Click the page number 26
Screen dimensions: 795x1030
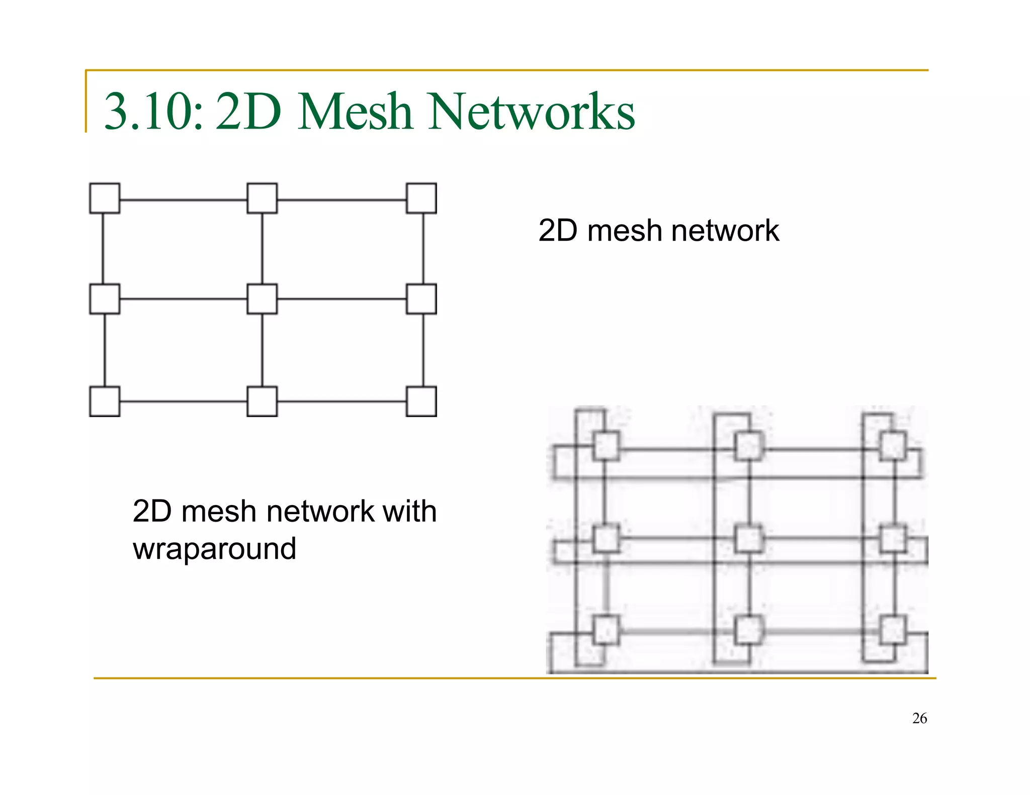click(919, 718)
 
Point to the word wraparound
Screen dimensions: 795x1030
click(214, 549)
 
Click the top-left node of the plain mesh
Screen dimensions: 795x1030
click(105, 198)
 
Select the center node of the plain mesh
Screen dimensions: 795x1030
click(262, 299)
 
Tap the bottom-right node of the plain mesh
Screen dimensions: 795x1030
click(421, 401)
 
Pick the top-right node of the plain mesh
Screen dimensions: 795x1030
click(421, 198)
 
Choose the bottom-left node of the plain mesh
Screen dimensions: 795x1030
click(105, 401)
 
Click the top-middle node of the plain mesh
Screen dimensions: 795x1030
click(262, 198)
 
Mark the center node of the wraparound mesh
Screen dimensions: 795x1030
click(749, 539)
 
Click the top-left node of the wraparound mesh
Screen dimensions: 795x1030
click(606, 446)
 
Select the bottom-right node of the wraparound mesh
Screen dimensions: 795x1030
click(893, 630)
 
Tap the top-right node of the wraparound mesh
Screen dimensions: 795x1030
click(893, 446)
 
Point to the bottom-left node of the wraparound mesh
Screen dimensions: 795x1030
click(606, 630)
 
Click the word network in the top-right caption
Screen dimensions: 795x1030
click(725, 231)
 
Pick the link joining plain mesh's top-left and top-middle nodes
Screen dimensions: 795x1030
click(184, 200)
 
